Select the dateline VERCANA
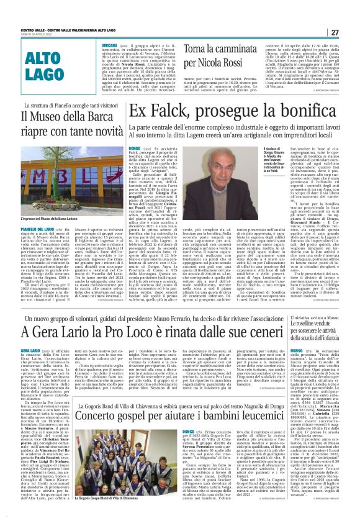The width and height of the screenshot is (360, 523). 110,46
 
